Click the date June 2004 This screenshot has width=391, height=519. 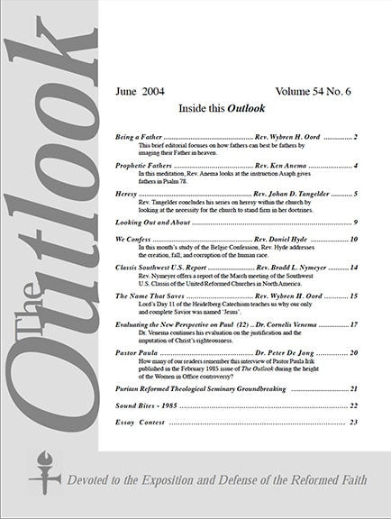coord(141,91)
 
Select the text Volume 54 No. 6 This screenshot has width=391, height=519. coord(314,91)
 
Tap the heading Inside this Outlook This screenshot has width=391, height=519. coord(235,111)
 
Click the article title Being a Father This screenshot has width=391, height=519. coord(140,137)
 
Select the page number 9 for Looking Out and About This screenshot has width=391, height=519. coord(356,222)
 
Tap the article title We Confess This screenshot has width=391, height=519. coord(133,239)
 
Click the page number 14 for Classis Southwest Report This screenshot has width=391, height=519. coord(354,268)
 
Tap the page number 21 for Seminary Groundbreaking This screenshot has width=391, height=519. coord(354,388)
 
